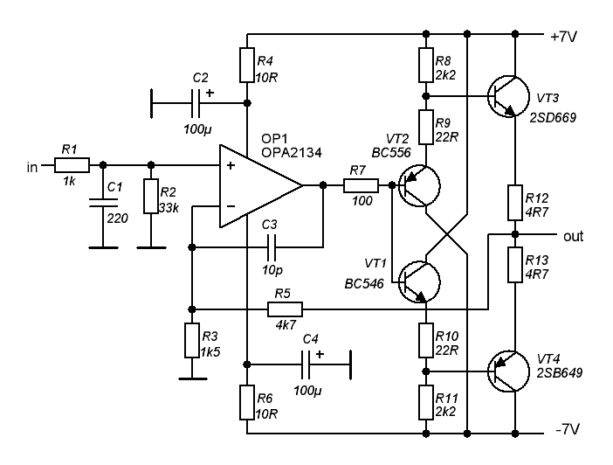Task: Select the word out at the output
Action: pos(574,236)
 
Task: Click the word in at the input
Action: pos(33,166)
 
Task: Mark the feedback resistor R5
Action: pos(285,309)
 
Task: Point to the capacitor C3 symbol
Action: pos(271,247)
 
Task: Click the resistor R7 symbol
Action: pos(360,185)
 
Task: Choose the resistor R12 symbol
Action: pos(514,202)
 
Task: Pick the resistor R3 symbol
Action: pos(192,339)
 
